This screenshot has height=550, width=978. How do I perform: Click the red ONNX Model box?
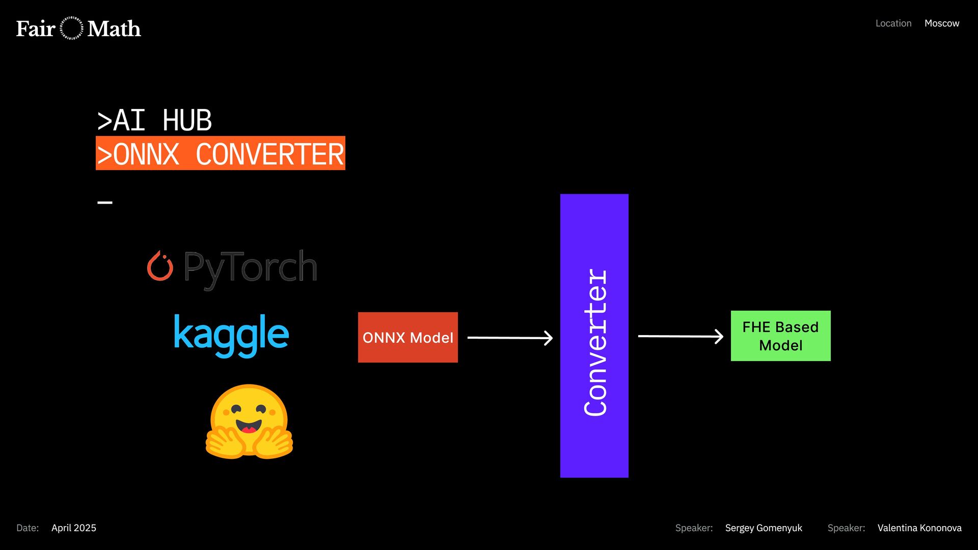coord(407,337)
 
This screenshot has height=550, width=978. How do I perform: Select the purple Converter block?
coord(594,336)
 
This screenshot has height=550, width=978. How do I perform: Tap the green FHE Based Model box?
coord(780,336)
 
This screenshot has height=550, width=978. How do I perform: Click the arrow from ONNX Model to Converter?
coord(510,338)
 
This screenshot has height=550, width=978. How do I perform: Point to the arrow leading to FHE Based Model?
coord(681,336)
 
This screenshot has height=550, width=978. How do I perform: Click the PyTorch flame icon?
coord(160,266)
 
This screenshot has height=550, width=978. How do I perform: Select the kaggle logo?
coord(231,335)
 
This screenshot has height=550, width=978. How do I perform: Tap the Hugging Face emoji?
coord(249,422)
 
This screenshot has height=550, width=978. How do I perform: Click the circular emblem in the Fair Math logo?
coord(71,29)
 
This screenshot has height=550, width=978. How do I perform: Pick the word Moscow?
coord(942,23)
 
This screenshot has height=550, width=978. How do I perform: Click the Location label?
coord(893,23)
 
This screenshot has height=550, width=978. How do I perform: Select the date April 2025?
coord(74,528)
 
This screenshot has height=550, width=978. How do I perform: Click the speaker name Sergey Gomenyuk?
coord(764,528)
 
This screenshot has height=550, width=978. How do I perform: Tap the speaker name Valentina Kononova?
coord(919,528)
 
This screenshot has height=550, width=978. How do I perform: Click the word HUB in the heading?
coord(187,121)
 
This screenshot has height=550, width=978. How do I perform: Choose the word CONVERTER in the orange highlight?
coord(270,154)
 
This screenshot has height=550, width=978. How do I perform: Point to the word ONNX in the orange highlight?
coord(146,154)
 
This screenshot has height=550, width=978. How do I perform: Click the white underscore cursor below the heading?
coord(105,202)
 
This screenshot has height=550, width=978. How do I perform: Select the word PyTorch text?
coord(250,267)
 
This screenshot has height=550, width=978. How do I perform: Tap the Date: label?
coord(28,528)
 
